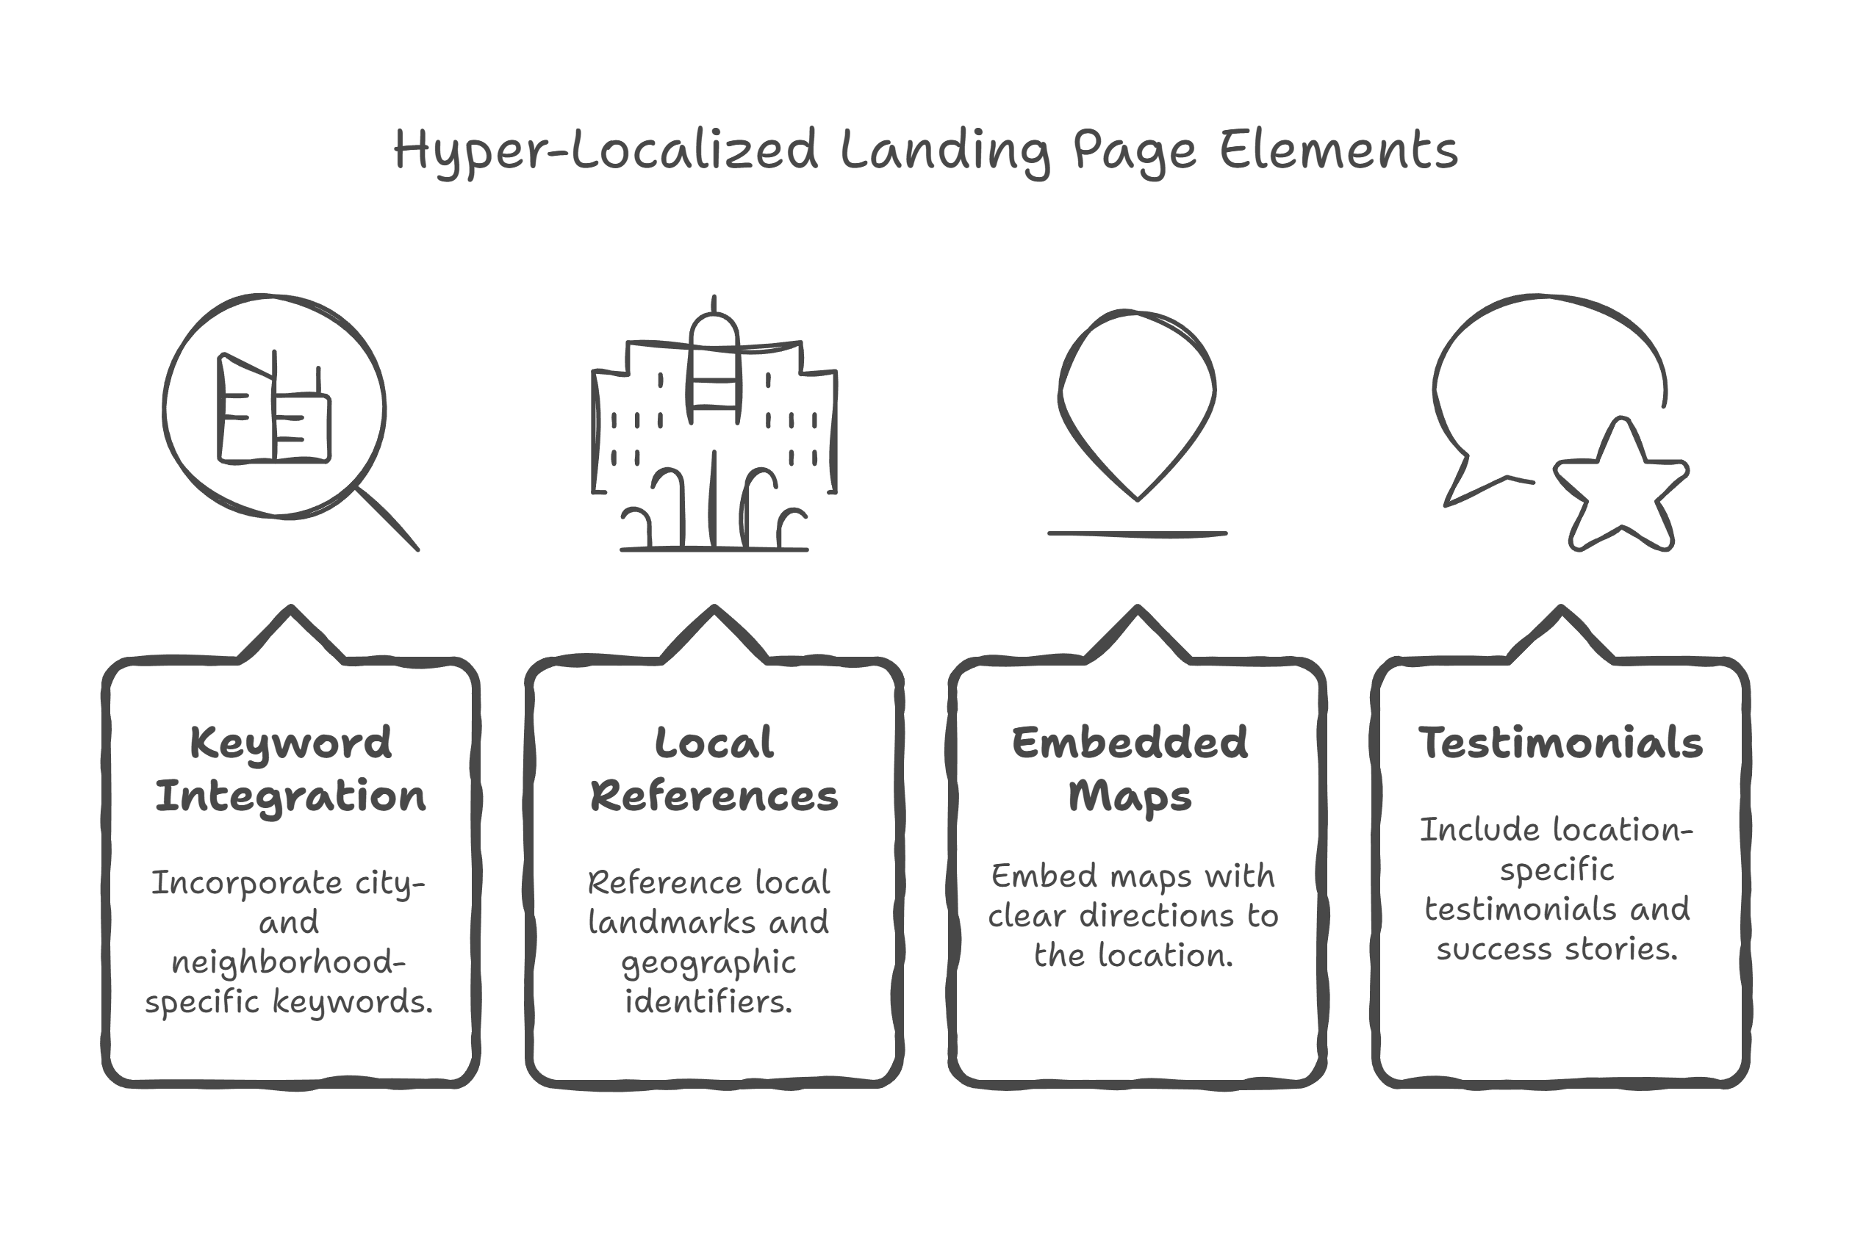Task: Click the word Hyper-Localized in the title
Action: point(605,151)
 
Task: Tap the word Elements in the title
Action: point(1338,151)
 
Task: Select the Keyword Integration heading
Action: point(290,769)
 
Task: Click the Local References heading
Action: point(714,769)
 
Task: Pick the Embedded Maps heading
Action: point(1130,769)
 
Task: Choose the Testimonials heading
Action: point(1560,743)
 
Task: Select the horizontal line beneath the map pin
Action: point(1137,534)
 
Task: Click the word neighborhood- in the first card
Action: point(289,962)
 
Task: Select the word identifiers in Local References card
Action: point(708,1002)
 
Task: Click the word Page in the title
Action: point(1135,151)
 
